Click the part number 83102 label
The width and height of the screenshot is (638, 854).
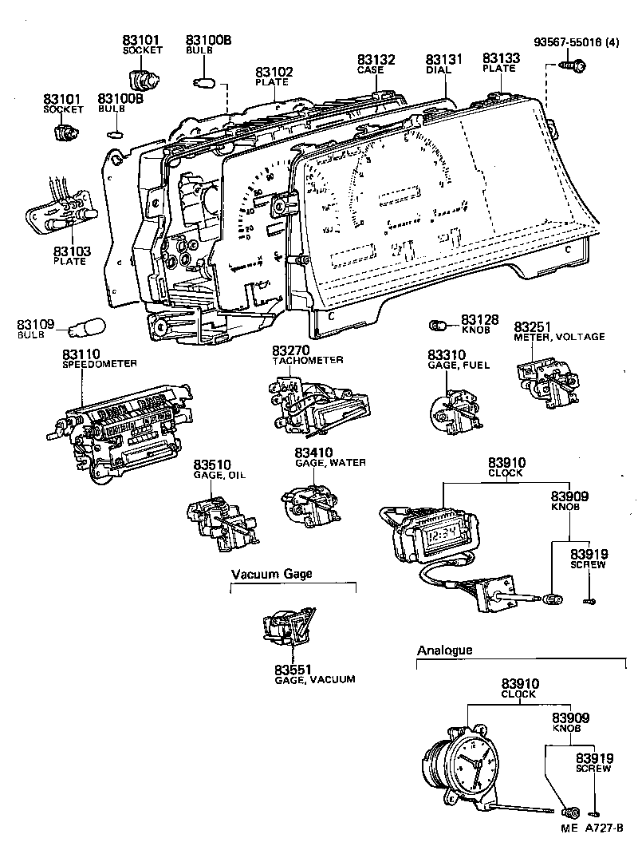click(x=274, y=72)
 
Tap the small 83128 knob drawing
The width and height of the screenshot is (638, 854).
click(x=436, y=325)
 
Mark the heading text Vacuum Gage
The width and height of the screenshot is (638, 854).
click(x=272, y=574)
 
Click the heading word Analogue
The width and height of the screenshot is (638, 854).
click(x=444, y=650)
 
